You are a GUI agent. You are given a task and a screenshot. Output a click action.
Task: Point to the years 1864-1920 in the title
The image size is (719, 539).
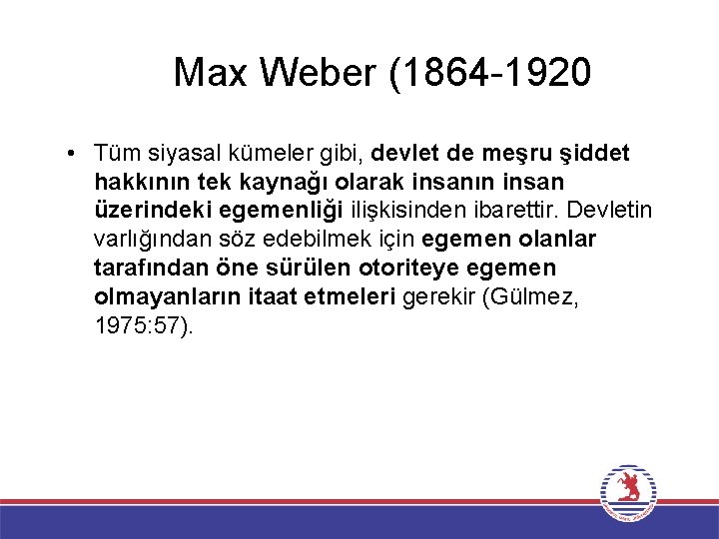coord(498,72)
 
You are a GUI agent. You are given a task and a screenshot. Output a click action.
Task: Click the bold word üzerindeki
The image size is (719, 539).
coord(144,211)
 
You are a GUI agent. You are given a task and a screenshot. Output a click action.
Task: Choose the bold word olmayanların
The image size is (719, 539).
coord(161,296)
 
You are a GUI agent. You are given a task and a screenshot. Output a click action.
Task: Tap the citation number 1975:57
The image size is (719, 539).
coord(140,324)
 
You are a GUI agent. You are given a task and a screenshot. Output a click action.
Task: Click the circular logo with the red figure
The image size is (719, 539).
coord(627,492)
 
